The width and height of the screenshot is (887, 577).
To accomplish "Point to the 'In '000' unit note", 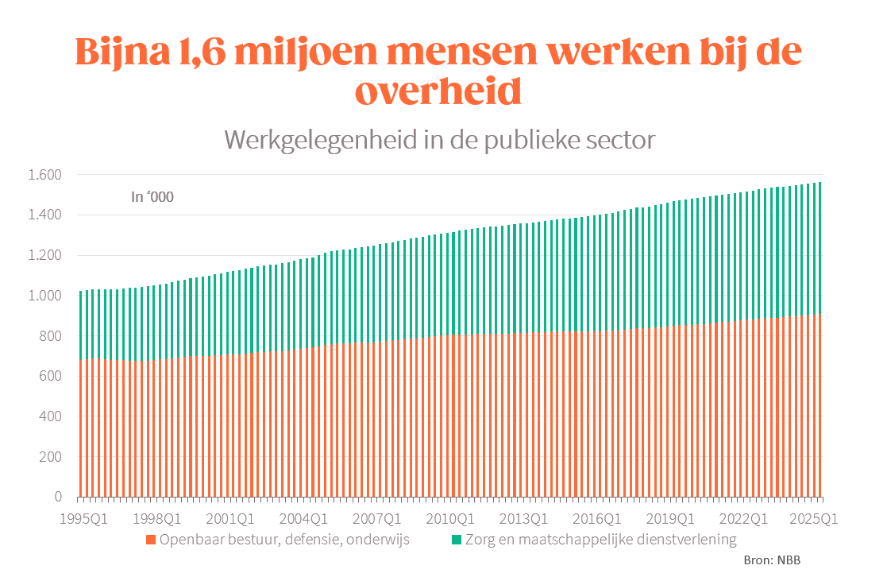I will [x=152, y=197].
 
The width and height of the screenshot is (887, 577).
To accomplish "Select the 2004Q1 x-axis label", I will [x=305, y=519].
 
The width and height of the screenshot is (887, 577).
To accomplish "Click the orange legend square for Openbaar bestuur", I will [x=149, y=540].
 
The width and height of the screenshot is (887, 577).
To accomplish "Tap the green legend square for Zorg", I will [x=457, y=540].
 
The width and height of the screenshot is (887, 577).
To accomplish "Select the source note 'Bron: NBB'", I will [x=772, y=560].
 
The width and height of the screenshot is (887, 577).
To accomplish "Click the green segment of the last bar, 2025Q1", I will [x=820, y=246].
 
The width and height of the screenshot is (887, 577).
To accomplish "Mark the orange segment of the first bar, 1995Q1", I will [x=80, y=429].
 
